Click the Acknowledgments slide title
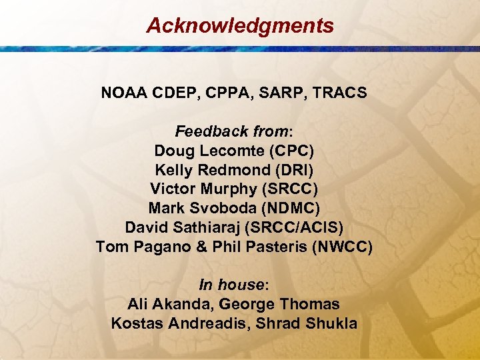(x=240, y=26)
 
